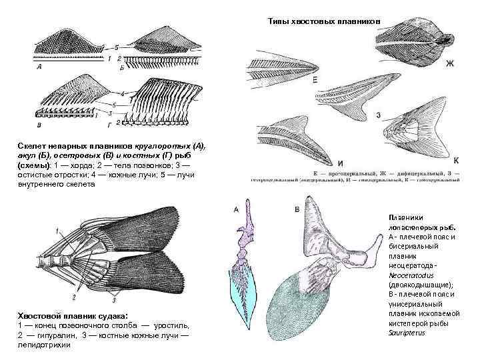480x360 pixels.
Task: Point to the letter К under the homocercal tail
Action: [456, 161]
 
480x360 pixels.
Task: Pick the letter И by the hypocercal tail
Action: [340, 163]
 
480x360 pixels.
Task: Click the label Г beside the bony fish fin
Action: [107, 124]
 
